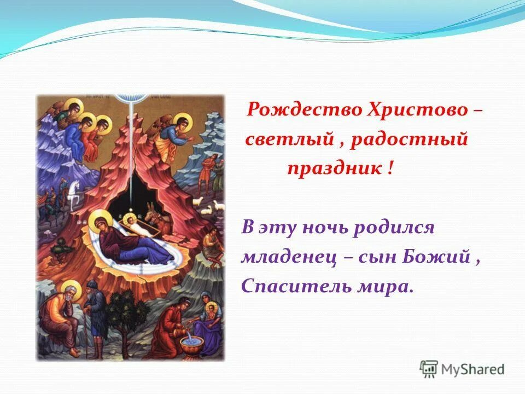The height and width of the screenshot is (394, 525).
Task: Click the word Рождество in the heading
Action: pos(296,111)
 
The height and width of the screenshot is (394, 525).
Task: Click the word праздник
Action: pos(334,169)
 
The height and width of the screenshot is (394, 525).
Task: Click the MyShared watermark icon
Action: pos(428,369)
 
